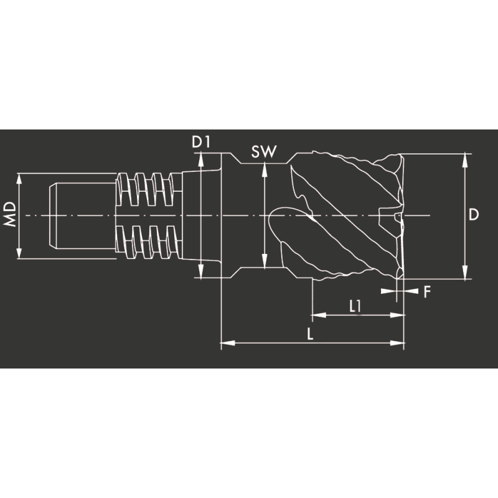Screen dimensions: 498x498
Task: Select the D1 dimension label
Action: [x=200, y=143]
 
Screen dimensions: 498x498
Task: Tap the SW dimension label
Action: [x=263, y=152]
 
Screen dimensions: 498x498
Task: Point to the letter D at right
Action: [x=474, y=215]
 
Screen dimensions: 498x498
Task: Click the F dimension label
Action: [x=427, y=291]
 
